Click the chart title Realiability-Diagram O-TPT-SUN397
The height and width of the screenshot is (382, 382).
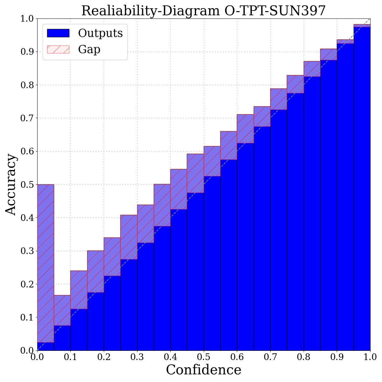pyautogui.click(x=204, y=11)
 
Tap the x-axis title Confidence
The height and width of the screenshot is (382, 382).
pyautogui.click(x=204, y=370)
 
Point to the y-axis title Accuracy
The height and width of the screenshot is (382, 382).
pyautogui.click(x=11, y=185)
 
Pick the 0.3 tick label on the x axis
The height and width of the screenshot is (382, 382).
pyautogui.click(x=137, y=357)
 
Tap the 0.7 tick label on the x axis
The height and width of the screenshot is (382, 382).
pyautogui.click(x=270, y=357)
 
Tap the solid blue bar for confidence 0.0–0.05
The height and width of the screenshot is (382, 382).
pyautogui.click(x=46, y=346)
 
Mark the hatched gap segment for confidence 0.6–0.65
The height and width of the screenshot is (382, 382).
pyautogui.click(x=245, y=129)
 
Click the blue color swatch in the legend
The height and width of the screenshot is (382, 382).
pyautogui.click(x=58, y=33)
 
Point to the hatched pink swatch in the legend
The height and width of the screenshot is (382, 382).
pyautogui.click(x=58, y=49)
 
